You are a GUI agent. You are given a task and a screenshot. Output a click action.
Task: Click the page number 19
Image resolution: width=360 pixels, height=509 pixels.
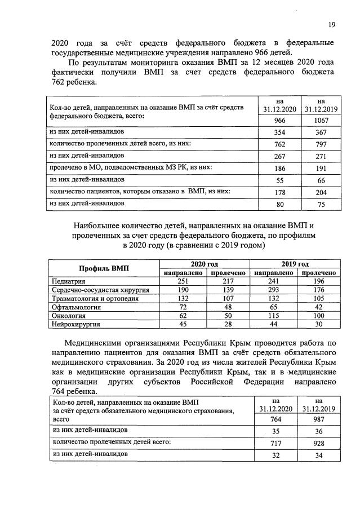pyautogui.click(x=332, y=24)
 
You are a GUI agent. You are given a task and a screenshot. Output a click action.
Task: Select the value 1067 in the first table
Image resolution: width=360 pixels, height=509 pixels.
pyautogui.click(x=319, y=121)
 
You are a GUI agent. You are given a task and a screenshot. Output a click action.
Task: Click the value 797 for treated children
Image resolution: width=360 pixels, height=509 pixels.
pyautogui.click(x=319, y=144)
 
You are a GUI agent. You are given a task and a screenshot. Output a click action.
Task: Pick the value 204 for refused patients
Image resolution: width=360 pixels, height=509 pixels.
pyautogui.click(x=319, y=192)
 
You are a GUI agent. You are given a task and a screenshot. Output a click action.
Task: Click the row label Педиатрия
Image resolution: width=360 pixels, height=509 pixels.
pyautogui.click(x=68, y=281)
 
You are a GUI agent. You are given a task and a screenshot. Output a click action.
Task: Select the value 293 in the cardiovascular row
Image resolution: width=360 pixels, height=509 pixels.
pyautogui.click(x=273, y=290)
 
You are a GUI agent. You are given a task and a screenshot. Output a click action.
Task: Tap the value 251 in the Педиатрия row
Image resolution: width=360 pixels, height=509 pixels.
pyautogui.click(x=182, y=281)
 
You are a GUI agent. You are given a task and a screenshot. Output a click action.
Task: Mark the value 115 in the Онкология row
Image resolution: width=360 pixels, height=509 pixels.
pyautogui.click(x=273, y=316)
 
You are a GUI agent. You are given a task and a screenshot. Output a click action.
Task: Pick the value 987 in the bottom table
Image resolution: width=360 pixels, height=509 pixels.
pyautogui.click(x=319, y=419)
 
